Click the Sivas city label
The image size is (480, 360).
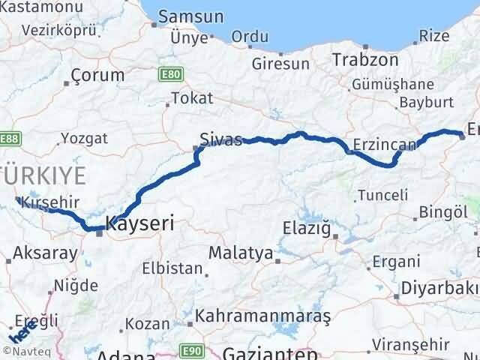pos(221,139)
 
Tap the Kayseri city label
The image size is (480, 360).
pos(140,223)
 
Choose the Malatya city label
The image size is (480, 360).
pos(241,253)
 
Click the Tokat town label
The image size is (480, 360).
pos(192,98)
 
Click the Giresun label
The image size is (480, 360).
pos(280,64)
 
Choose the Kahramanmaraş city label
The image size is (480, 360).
pos(262,317)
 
